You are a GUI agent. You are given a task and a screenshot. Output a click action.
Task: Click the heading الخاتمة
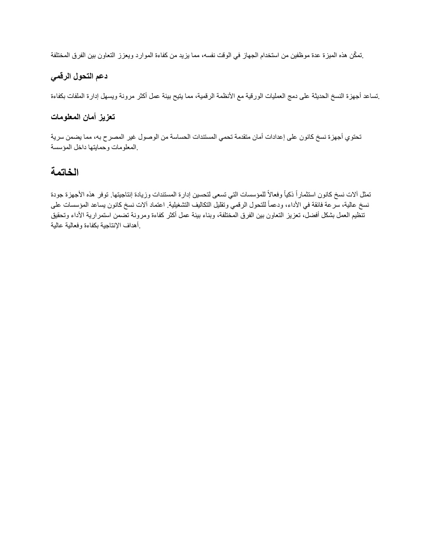click(x=65, y=172)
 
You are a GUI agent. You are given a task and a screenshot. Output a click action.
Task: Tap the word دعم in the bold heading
click(x=102, y=76)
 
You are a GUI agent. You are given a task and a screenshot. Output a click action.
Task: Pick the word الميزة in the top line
click(x=332, y=55)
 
